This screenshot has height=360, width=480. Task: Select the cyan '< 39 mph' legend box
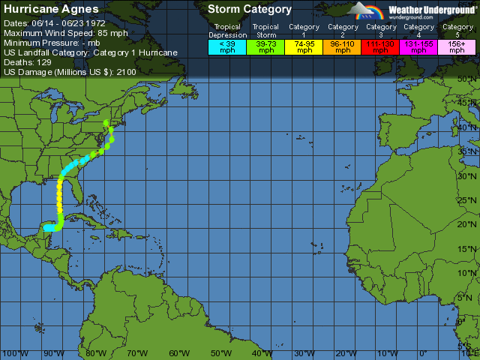point(227,46)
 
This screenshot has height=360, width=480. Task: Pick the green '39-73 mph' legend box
point(265,46)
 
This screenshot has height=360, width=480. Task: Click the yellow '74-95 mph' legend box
point(304,46)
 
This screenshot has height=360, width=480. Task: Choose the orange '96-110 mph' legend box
point(342,46)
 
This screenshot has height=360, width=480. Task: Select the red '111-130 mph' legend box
point(380,46)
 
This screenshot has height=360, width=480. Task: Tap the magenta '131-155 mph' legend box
point(418,46)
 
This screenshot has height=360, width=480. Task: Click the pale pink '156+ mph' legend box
point(457,46)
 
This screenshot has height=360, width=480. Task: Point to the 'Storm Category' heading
point(249,10)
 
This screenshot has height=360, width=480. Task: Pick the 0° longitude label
point(423,353)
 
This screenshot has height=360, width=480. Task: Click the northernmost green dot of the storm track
point(106,122)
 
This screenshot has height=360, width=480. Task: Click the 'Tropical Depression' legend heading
point(227,31)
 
